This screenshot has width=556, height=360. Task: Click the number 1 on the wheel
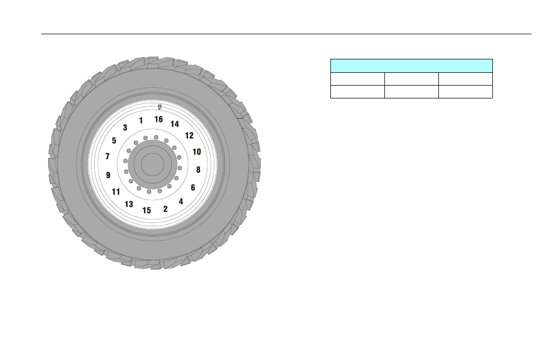pos(141,120)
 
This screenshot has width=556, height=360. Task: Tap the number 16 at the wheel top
pos(158,119)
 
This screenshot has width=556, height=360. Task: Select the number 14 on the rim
pos(174,124)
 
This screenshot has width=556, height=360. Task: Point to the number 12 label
pos(189,135)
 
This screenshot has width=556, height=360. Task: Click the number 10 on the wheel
pos(197,152)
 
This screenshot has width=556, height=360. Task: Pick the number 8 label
pos(198,170)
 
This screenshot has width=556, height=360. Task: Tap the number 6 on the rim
pos(193,187)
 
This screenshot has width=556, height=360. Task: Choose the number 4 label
pos(181,202)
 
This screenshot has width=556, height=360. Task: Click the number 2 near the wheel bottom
pos(165,209)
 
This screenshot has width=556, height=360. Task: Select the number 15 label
pos(146,211)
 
